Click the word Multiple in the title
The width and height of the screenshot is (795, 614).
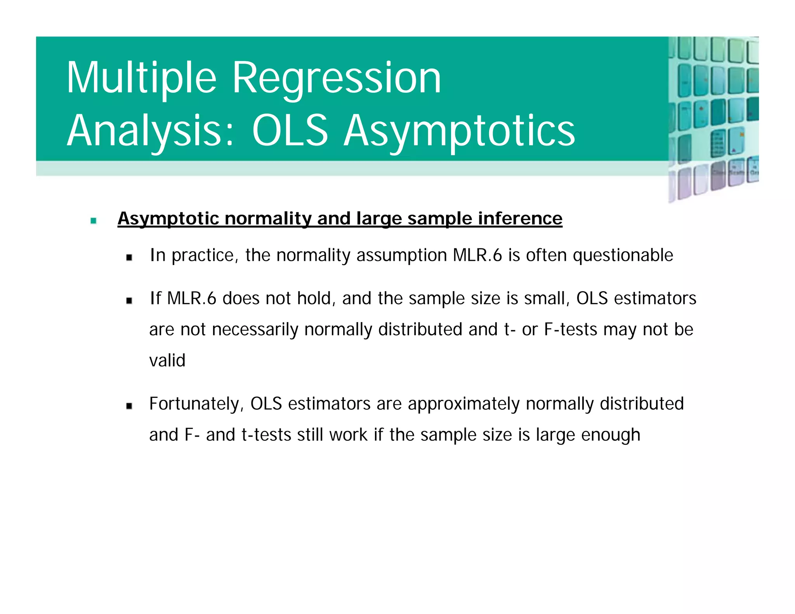pos(141,78)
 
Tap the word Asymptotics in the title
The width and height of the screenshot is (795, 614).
pos(459,131)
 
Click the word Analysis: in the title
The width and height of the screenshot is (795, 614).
pos(151,131)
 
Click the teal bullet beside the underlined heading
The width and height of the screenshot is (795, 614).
pos(93,221)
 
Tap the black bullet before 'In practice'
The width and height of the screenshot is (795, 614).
pos(129,257)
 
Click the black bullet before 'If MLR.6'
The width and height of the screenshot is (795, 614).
pos(129,300)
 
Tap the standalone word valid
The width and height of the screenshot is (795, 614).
pos(167,361)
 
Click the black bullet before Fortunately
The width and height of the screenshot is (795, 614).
pos(129,406)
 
